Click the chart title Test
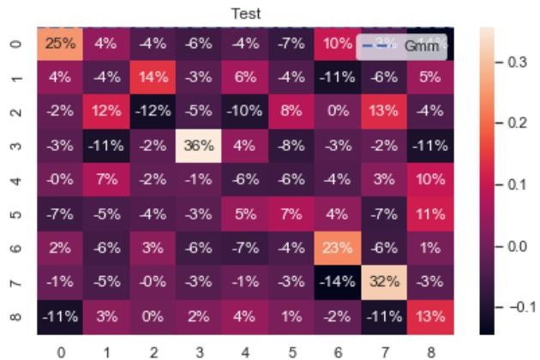tap(244, 13)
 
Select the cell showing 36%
tap(199, 143)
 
